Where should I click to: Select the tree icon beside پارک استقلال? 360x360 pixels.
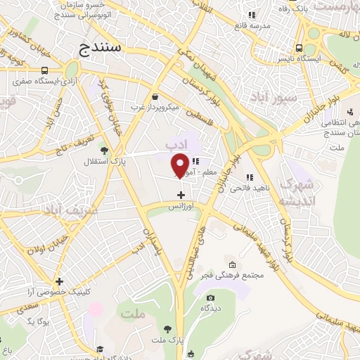coord(105,150)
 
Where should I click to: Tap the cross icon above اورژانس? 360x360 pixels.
coord(181,195)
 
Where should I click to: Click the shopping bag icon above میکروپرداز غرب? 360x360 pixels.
coord(155,97)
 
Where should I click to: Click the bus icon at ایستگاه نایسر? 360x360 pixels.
coord(300,49)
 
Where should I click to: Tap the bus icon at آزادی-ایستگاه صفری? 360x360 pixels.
coord(45,71)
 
